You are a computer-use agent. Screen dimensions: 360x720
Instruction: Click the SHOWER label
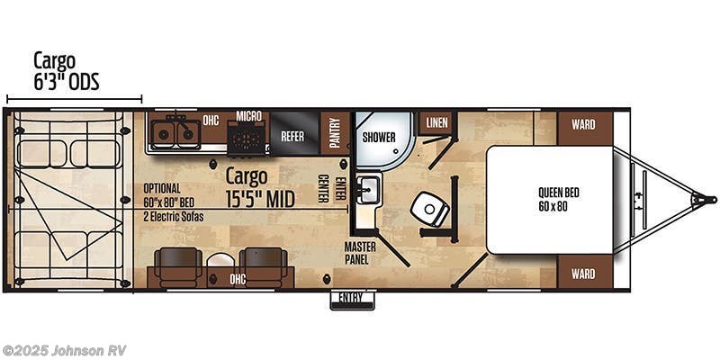379,138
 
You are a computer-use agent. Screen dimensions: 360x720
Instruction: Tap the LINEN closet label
437,122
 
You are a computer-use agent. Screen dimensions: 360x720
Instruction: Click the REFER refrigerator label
292,137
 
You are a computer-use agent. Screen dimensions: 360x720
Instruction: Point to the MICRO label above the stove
249,116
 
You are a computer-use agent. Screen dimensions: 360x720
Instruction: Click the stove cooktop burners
247,138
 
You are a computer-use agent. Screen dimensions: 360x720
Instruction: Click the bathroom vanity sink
367,189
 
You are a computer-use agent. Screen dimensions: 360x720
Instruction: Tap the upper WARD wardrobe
582,124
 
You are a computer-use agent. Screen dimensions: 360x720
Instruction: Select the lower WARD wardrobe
582,274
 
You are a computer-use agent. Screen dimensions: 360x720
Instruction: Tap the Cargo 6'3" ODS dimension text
66,72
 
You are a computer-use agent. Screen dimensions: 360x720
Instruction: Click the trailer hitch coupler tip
709,199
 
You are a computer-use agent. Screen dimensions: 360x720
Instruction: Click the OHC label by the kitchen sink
211,120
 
